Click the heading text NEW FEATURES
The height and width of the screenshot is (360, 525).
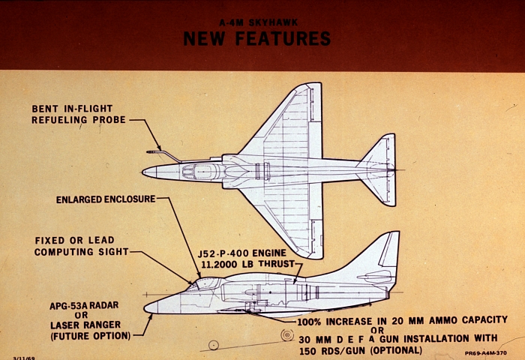coord(256,38)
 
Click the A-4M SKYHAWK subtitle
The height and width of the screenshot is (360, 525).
coord(258,22)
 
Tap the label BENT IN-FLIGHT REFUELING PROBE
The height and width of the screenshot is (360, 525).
coord(79,114)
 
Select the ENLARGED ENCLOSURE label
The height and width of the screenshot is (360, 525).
coord(106,199)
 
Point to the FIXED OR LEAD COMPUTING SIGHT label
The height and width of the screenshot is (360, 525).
coord(81,246)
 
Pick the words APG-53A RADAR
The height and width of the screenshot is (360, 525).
coord(84,305)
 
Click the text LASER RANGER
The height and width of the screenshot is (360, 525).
coord(85,325)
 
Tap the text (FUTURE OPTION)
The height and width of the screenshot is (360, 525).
coord(91,336)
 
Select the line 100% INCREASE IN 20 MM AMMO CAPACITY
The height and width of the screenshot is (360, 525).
coord(403,321)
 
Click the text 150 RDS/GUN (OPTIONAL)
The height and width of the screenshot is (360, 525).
coord(361,350)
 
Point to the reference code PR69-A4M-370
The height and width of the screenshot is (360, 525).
coord(485,353)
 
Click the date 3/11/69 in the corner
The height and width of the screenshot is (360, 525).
coord(24,358)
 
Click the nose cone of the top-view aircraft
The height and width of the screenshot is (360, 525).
coord(149,172)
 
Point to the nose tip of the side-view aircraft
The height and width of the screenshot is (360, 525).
coord(145,308)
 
